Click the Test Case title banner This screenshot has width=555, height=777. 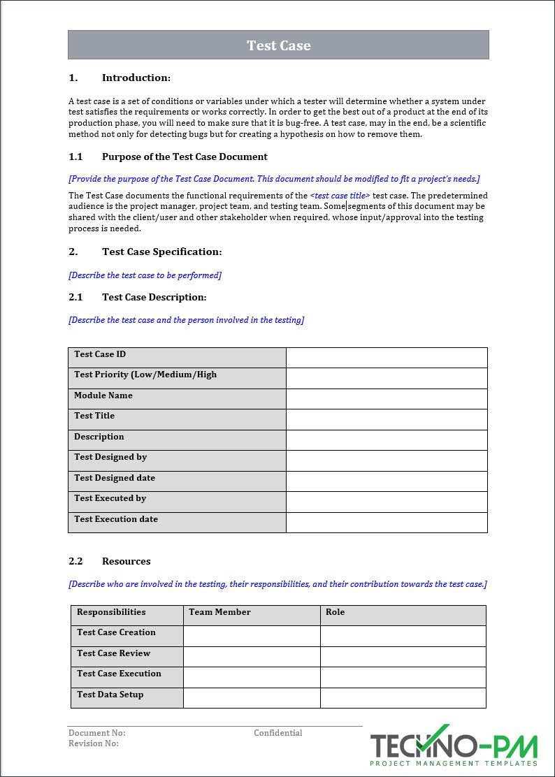[278, 45]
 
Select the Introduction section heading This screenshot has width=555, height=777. [136, 78]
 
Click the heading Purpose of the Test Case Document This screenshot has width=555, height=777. [185, 157]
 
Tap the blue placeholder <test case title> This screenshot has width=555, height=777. [340, 196]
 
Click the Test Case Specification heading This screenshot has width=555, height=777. [161, 252]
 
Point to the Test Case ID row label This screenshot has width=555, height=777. [100, 354]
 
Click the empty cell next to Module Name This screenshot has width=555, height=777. [387, 399]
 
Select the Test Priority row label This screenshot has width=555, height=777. [145, 375]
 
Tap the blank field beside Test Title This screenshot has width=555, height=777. [387, 419]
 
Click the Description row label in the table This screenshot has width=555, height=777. [99, 437]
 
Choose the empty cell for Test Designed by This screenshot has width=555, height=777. [387, 460]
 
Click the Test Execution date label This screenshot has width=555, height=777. [116, 519]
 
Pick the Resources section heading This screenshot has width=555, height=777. [126, 561]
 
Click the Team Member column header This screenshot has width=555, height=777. [219, 612]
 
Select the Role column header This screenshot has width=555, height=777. [336, 612]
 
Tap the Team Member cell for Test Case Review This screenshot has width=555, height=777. [252, 656]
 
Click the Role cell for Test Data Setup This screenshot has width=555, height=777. [403, 697]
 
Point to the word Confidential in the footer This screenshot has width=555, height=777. [278, 733]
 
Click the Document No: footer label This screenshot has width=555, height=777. [96, 733]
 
